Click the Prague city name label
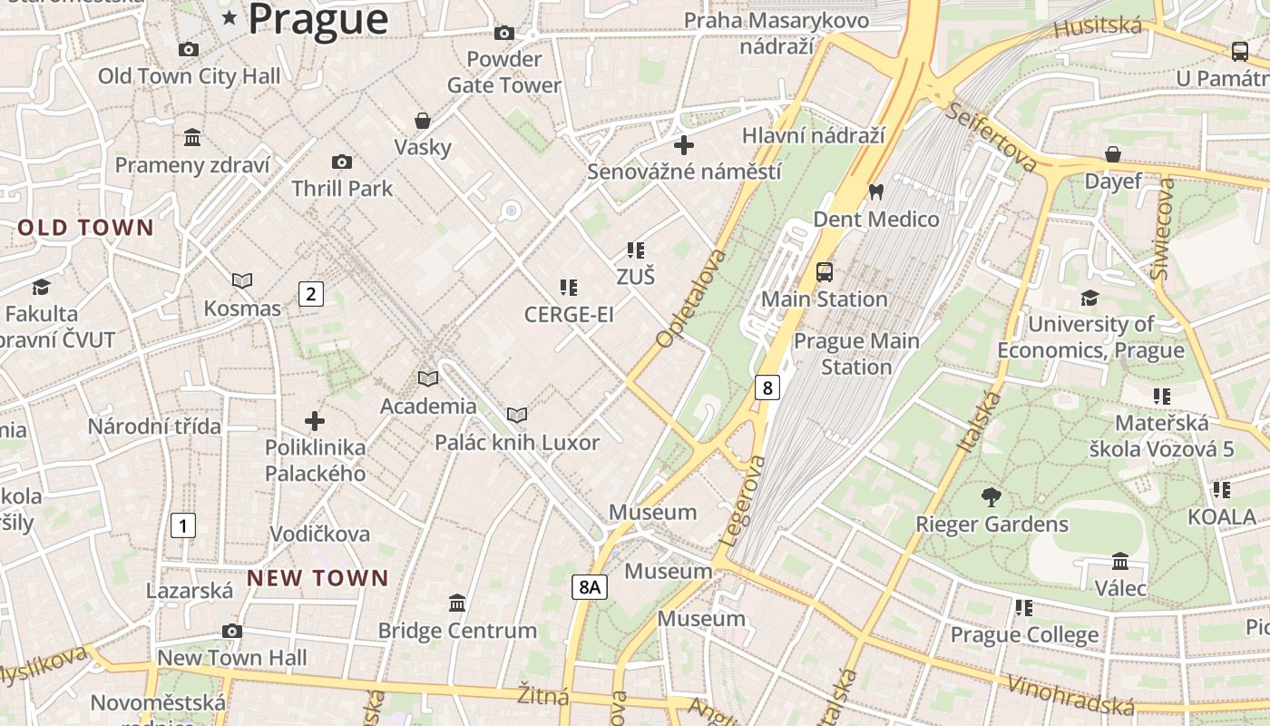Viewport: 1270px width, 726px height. (317, 19)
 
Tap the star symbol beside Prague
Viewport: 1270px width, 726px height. (230, 18)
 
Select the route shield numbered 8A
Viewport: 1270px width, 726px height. (590, 587)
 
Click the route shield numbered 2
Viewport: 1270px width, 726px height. (310, 293)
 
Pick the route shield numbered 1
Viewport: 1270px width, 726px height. (183, 525)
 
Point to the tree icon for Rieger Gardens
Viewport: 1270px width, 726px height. (991, 496)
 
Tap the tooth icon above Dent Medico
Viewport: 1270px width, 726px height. (875, 191)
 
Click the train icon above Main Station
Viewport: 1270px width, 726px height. (824, 271)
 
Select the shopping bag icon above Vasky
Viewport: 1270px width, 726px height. (422, 120)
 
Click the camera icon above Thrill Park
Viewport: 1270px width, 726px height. (341, 162)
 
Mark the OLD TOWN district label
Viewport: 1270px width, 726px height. (86, 228)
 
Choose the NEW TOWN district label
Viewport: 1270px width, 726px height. (317, 578)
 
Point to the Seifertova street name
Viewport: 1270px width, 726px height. (992, 137)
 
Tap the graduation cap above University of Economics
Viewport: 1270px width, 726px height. (1089, 298)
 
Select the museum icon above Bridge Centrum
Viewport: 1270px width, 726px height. (457, 603)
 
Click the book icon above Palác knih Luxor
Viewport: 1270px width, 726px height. (517, 415)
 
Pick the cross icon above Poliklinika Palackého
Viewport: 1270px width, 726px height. (315, 421)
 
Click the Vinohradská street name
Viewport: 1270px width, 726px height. (1071, 695)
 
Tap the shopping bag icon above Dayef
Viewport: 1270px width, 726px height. (1113, 154)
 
